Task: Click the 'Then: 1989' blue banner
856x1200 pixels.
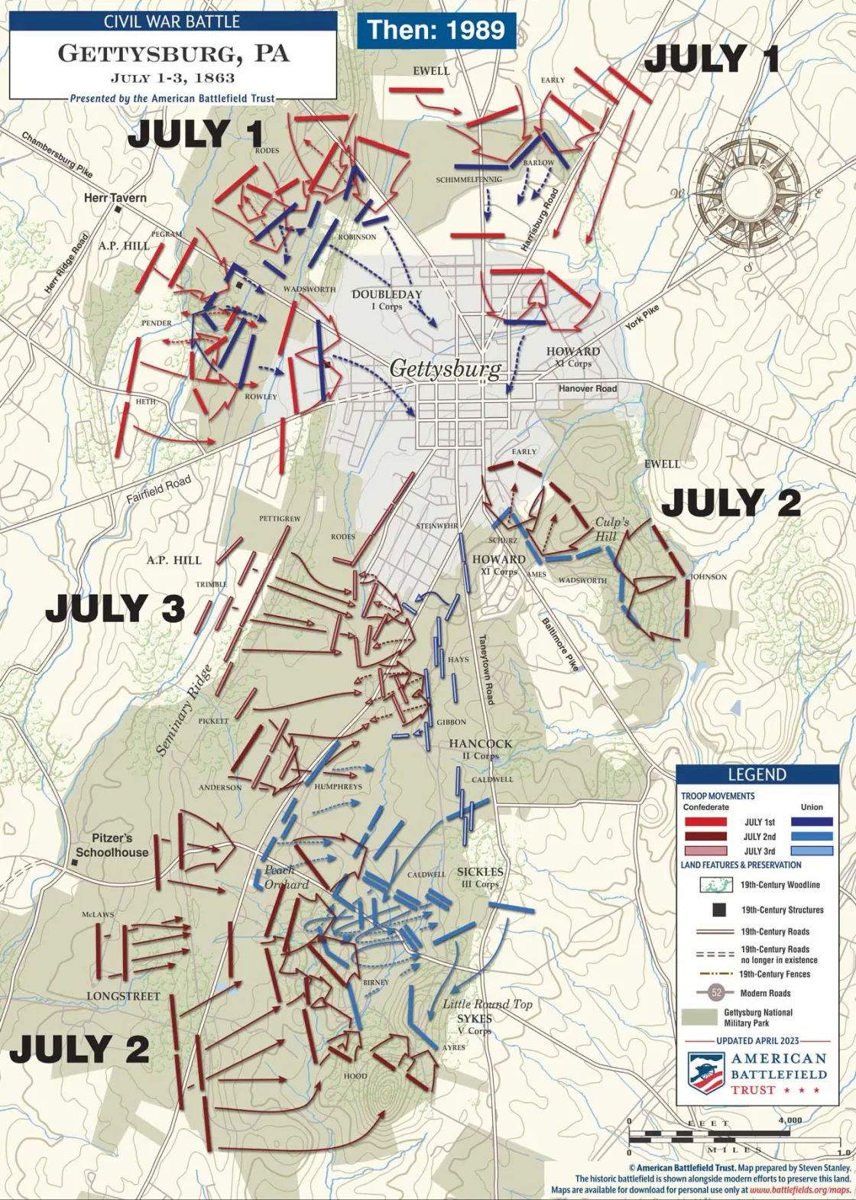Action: pos(436,30)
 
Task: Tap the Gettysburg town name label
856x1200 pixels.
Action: pos(446,368)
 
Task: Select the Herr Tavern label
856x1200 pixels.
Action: pos(115,198)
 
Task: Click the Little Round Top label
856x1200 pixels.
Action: pos(488,1004)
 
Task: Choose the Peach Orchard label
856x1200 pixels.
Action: pos(286,877)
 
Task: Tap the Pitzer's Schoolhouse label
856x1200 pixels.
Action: pos(112,845)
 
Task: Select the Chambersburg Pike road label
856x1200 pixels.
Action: pos(57,155)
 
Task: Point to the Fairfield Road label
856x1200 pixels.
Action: pos(158,490)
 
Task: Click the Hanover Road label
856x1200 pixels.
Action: pos(587,388)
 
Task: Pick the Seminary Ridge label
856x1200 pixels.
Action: pos(183,711)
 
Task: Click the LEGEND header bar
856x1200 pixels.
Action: pos(757,774)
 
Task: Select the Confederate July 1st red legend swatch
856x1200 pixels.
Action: pos(705,822)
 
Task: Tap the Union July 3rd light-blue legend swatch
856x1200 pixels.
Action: pos(812,851)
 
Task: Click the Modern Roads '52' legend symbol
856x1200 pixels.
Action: pos(716,993)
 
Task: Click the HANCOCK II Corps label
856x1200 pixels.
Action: pos(480,749)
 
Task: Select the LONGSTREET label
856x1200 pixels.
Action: pos(123,996)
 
